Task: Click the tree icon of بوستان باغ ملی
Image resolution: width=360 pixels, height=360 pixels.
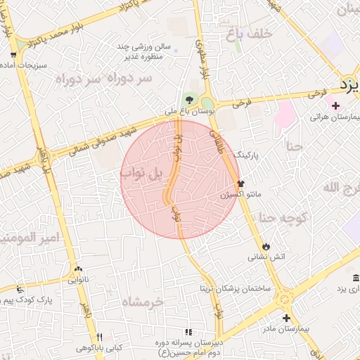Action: coord(188,99)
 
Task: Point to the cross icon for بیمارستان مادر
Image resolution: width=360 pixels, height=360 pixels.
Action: coord(285,318)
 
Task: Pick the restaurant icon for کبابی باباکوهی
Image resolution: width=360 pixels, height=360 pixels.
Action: coord(98,336)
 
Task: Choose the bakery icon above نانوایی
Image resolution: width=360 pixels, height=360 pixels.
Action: coord(77,269)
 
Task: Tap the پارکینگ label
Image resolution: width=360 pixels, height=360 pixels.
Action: coord(247,153)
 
